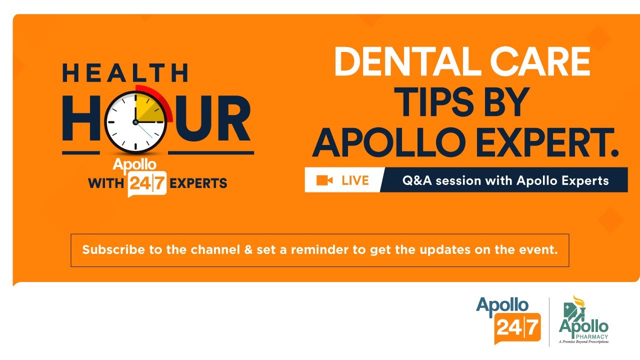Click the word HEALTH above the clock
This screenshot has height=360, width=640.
click(125, 72)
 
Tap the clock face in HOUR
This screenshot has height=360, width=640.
click(135, 121)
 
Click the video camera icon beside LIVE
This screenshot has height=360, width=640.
click(324, 180)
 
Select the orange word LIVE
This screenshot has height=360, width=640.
click(355, 180)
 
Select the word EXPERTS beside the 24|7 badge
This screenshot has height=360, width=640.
click(198, 183)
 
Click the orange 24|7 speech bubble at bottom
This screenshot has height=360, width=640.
click(517, 328)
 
